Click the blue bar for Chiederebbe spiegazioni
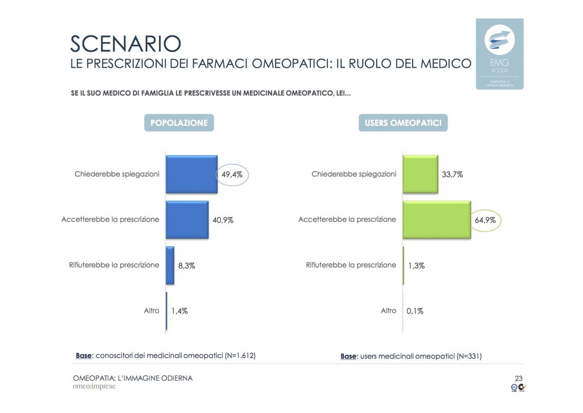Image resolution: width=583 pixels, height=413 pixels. [x=191, y=174]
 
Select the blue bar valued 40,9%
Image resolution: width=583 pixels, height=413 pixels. [x=187, y=219]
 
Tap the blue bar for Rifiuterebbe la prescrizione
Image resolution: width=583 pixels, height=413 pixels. [x=170, y=265]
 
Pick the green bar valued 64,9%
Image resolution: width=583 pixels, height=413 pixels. [x=436, y=219]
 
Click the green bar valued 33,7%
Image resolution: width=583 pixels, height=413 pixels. [x=420, y=174]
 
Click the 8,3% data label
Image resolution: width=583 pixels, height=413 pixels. [x=187, y=266]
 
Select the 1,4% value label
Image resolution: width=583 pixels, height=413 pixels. [x=179, y=311]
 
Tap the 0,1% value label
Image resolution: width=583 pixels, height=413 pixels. [x=414, y=311]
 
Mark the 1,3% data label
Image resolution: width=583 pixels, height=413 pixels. [x=416, y=266]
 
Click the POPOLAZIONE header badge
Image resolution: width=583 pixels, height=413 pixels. [x=179, y=123]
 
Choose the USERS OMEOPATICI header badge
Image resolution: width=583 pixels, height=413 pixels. [x=403, y=123]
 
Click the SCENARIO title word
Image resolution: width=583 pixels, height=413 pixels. [x=125, y=43]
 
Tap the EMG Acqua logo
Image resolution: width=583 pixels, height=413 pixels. [x=499, y=54]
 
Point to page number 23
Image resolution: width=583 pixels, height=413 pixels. [x=518, y=378]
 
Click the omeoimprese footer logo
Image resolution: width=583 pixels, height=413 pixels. [x=94, y=387]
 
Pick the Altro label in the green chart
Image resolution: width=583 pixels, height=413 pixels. [x=389, y=310]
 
